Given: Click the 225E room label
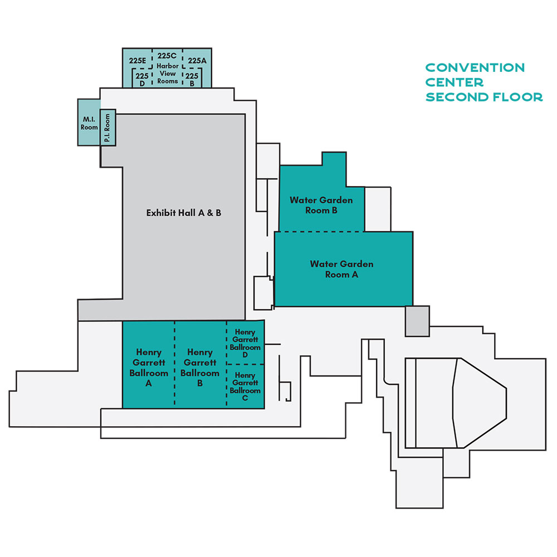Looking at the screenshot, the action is click(138, 61).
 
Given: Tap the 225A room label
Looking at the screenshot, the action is click(197, 61).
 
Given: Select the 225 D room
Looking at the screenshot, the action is click(142, 79).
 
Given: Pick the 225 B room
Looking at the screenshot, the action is click(192, 79).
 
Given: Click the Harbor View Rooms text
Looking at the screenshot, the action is click(168, 74).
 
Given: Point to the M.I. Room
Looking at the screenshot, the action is click(89, 123).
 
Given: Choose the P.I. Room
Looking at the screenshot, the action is click(108, 128).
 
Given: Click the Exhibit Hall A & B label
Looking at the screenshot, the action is click(184, 213).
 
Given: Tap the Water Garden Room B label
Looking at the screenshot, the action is click(321, 206).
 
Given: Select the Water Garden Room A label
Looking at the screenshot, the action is click(342, 269).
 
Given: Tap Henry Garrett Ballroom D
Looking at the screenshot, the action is click(245, 343).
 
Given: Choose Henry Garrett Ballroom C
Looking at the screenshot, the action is click(245, 387).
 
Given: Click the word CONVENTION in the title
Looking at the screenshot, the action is click(475, 67).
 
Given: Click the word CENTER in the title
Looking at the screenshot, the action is click(455, 82).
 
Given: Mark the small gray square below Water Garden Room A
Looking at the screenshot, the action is click(417, 321).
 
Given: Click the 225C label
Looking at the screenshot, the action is click(167, 56).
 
